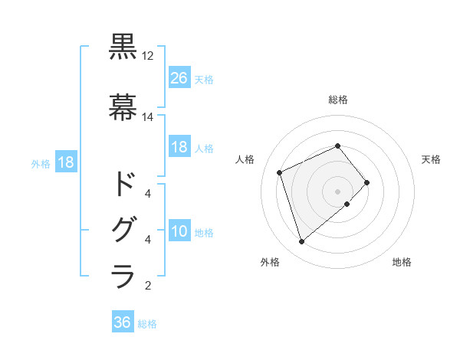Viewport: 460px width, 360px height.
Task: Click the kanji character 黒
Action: [123, 48]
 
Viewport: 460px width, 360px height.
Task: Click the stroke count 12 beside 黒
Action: [148, 57]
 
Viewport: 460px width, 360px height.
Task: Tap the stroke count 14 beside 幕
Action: [148, 117]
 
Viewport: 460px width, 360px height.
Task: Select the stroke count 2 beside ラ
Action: [148, 286]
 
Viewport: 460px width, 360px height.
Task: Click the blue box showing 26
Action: [179, 77]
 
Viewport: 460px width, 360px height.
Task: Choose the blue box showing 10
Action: [179, 231]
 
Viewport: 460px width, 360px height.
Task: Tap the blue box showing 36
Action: [123, 322]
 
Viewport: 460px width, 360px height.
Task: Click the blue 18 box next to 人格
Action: [179, 147]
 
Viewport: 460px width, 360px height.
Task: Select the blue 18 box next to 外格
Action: [65, 162]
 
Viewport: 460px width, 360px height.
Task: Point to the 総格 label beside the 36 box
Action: [147, 324]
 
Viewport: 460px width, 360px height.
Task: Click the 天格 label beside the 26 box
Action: [204, 79]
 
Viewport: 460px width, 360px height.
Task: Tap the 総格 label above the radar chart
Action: [338, 100]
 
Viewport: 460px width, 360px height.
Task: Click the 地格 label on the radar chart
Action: [402, 262]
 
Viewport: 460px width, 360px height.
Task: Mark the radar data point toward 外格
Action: [301, 242]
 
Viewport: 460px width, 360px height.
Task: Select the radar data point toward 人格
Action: [281, 172]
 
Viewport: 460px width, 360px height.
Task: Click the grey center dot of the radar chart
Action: [337, 190]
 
